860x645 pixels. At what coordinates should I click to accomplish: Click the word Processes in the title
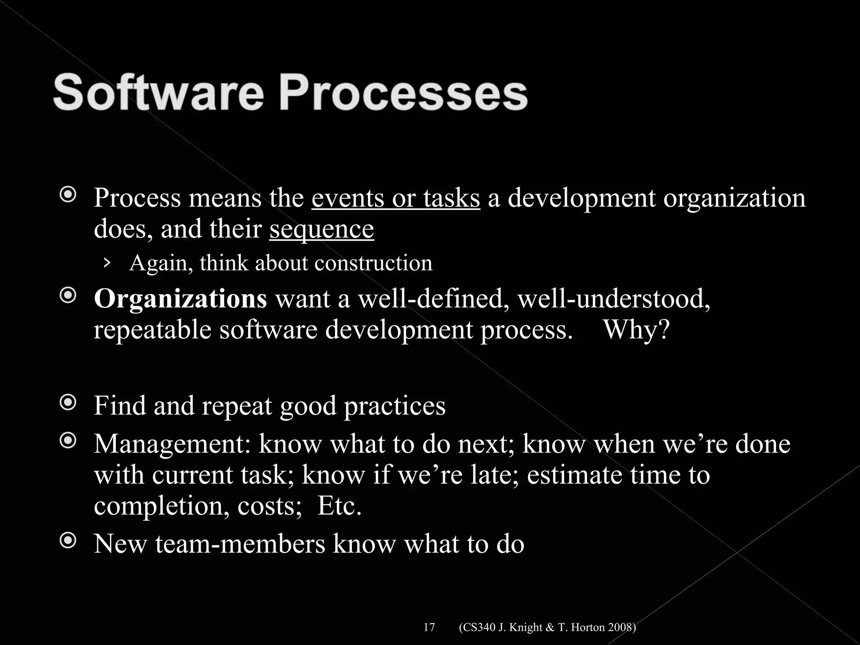pos(403,93)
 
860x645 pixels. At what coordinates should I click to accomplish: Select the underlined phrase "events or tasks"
pos(396,198)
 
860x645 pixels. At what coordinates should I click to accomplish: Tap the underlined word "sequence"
pos(322,229)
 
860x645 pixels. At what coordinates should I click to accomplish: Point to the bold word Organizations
pos(180,299)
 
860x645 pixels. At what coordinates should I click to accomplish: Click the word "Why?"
pos(636,330)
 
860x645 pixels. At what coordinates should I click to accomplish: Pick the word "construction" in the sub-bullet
pos(373,263)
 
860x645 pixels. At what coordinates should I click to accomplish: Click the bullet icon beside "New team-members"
pos(68,540)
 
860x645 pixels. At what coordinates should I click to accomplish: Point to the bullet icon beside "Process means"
pos(68,194)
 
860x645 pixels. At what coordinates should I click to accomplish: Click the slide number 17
pos(429,616)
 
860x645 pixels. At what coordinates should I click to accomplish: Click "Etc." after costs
pos(339,506)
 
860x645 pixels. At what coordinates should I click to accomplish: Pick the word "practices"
pos(395,406)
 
